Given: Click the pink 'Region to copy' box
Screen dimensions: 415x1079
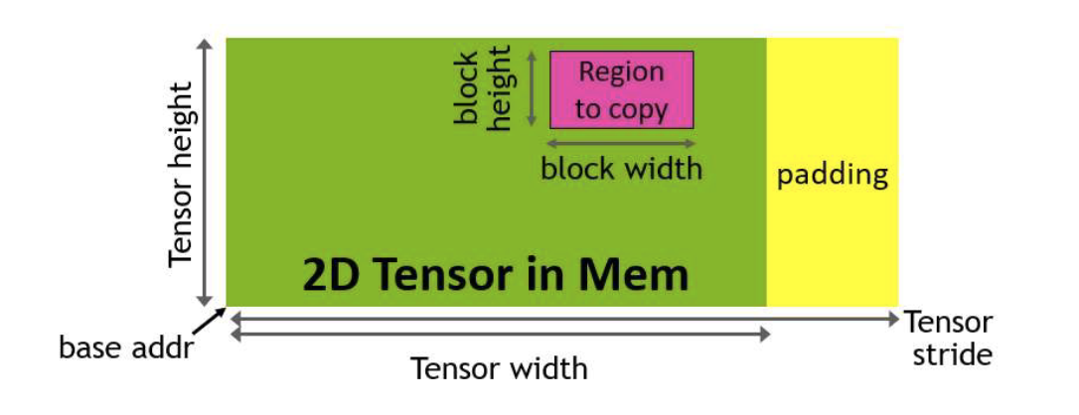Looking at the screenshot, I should click(x=622, y=90).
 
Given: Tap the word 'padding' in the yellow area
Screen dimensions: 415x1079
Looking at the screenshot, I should click(x=832, y=176).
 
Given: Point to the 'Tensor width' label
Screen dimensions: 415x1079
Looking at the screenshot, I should click(x=500, y=369).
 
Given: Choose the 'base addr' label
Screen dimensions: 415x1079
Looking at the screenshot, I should click(x=124, y=348).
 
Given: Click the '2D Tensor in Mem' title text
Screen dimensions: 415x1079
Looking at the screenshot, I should click(x=494, y=274).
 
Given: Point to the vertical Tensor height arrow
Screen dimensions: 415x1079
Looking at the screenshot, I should click(x=206, y=173).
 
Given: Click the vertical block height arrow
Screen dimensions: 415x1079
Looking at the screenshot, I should click(x=532, y=89).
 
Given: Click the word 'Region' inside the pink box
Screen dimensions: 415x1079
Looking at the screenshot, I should click(x=621, y=72).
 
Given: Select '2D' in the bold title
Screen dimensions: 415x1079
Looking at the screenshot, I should click(x=326, y=274).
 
